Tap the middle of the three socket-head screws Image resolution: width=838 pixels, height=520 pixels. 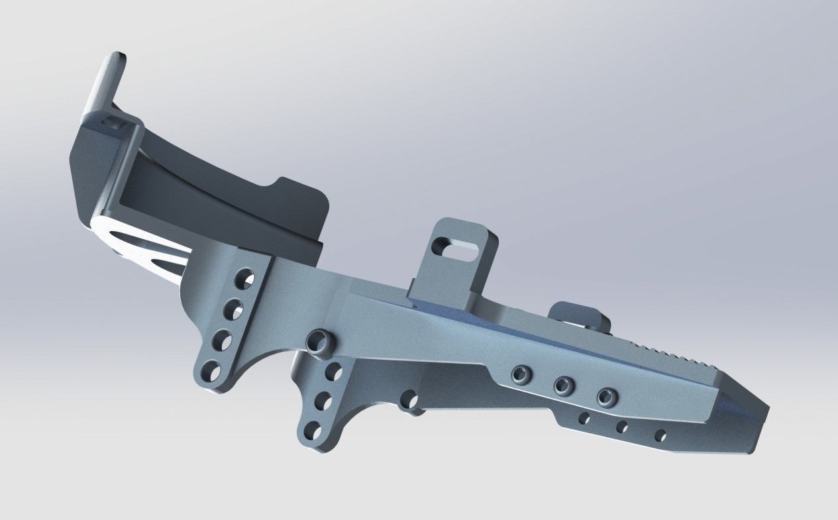pos(563,384)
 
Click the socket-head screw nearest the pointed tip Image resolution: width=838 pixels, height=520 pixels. pos(605,397)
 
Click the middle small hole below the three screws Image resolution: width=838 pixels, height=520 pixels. pos(622,427)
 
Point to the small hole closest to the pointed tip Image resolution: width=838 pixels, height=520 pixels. pos(660,436)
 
